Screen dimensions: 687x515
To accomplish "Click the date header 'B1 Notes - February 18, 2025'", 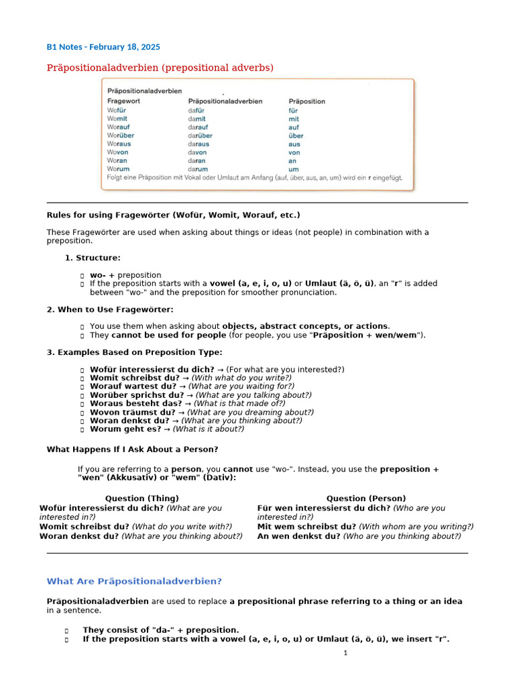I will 103,47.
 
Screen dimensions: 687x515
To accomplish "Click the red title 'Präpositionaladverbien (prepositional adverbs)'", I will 160,68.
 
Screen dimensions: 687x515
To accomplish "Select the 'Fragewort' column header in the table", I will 123,101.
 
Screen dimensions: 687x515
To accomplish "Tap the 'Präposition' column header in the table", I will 306,101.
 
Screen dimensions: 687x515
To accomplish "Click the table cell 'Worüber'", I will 121,136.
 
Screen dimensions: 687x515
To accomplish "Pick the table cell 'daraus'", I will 198,144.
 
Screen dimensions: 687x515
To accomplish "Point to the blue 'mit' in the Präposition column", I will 294,119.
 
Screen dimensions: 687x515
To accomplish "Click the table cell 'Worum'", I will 118,169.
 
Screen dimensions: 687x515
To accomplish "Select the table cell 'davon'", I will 197,152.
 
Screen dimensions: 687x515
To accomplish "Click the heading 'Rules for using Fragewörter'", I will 173,215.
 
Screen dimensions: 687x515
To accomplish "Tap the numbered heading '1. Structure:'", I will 93,258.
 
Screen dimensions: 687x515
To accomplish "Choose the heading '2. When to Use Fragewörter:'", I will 110,309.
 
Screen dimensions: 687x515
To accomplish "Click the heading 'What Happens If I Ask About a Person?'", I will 132,450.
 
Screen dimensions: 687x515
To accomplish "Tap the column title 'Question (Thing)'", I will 142,498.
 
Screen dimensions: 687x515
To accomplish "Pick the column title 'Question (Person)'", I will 365,498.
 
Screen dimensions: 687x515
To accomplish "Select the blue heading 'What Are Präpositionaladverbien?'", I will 134,581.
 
